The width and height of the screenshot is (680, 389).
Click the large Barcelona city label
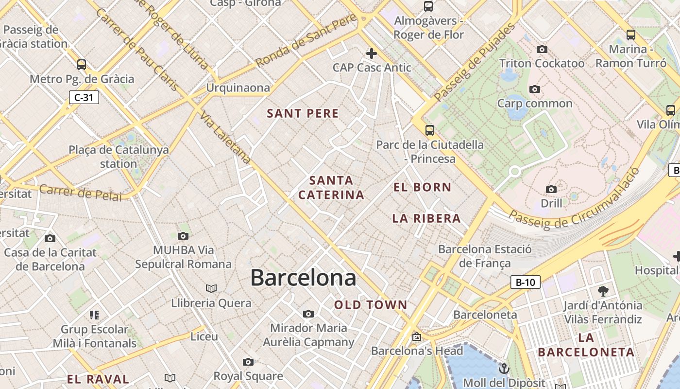click(303, 278)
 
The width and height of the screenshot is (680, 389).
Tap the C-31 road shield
click(84, 97)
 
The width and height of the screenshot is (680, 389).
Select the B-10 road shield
click(525, 282)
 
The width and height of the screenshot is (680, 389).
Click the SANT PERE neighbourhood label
click(303, 114)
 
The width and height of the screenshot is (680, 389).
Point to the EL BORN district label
click(422, 187)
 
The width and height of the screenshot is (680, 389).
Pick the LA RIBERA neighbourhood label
click(426, 218)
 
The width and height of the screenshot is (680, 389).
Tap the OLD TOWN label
click(371, 305)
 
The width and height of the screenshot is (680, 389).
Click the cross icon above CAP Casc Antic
click(372, 53)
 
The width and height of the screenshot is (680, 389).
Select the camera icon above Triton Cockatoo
click(542, 49)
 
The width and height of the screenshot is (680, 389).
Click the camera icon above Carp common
click(535, 89)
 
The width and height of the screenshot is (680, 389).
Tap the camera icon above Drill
click(551, 189)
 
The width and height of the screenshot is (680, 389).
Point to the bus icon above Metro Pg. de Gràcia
click(82, 64)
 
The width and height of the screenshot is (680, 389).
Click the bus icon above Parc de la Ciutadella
click(429, 130)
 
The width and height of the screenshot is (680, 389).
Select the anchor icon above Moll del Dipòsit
click(504, 368)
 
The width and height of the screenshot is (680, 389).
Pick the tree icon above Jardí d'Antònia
click(603, 291)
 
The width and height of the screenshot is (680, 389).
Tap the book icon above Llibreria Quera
click(211, 288)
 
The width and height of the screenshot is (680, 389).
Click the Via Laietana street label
click(225, 139)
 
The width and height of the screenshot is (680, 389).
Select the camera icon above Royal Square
click(248, 362)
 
